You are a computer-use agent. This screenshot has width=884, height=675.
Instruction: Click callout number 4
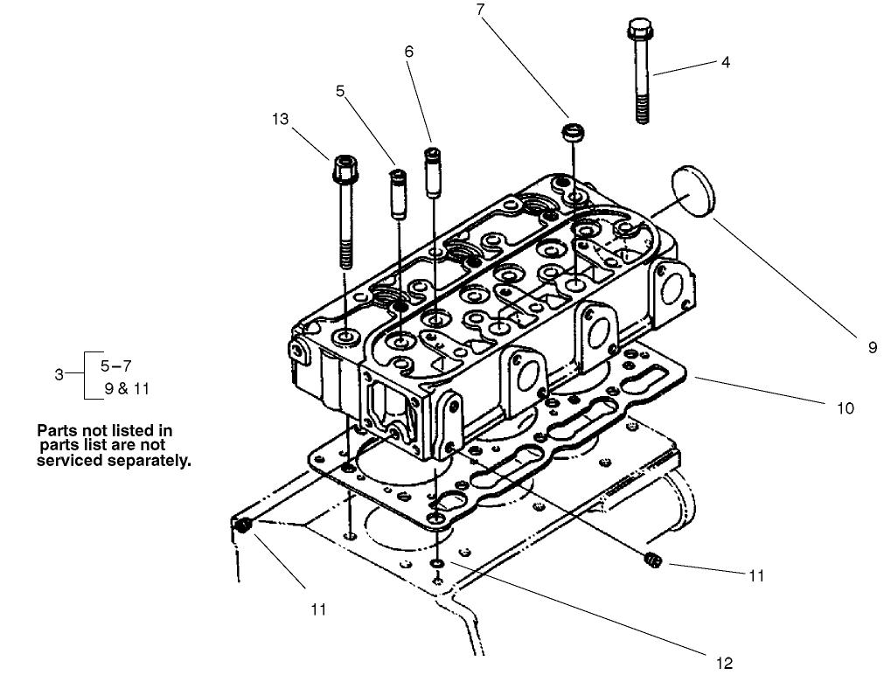coord(725,63)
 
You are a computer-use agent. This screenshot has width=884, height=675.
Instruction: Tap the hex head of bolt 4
coord(637,31)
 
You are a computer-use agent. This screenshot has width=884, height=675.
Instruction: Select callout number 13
coord(280,120)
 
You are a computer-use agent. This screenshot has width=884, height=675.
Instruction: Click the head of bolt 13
coord(343,165)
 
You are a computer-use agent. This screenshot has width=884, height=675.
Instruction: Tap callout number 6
coord(408,52)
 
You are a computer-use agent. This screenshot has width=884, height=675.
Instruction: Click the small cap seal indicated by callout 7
coord(572,134)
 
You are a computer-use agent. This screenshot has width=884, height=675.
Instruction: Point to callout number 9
coord(873,347)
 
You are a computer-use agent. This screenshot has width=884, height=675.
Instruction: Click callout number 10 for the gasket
coord(845,408)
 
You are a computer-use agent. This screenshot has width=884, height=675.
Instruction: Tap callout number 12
coord(725,662)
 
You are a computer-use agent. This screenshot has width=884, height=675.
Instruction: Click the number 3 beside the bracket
coord(59,374)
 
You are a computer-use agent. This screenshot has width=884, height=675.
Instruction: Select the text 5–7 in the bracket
coord(117,365)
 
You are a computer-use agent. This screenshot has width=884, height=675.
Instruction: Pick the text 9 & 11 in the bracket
coord(127,389)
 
